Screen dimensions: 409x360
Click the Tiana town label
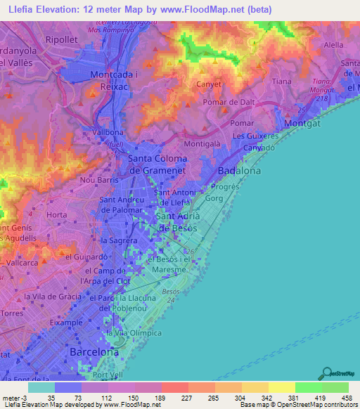pos(281,82)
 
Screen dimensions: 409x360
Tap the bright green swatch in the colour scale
pos(308,387)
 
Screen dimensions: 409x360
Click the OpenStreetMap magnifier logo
pos(326,374)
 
